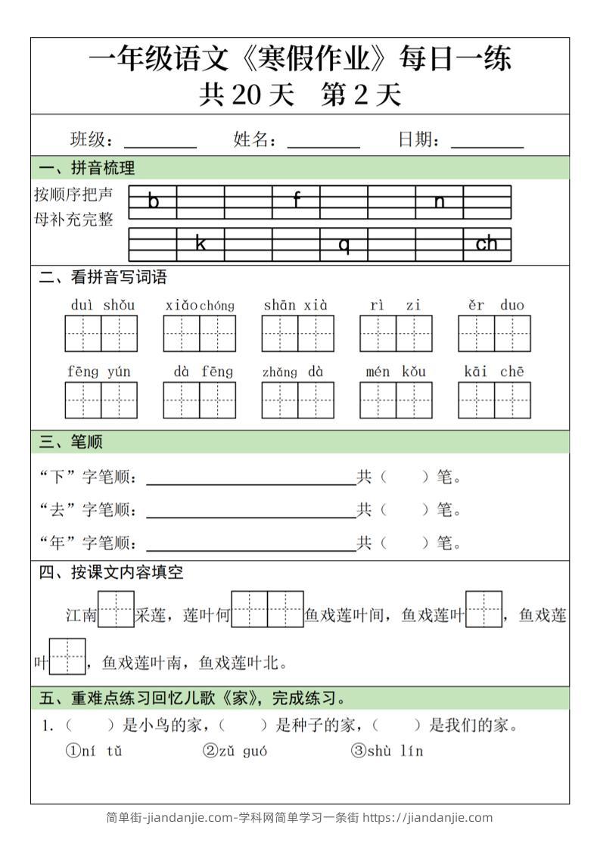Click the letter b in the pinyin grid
tap(154, 201)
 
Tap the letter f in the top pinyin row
tap(297, 201)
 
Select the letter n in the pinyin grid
tap(440, 201)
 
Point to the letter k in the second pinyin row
tap(201, 244)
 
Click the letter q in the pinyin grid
tap(344, 244)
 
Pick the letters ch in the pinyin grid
tap(487, 244)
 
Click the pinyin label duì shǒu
tap(102, 305)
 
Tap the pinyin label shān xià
tap(296, 305)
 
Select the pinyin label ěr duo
tap(496, 305)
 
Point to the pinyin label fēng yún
tap(99, 372)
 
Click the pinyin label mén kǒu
tap(395, 372)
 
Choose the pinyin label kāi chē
tap(494, 372)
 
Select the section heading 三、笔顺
tap(71, 442)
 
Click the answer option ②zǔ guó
tap(235, 751)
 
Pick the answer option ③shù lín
tap(387, 751)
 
